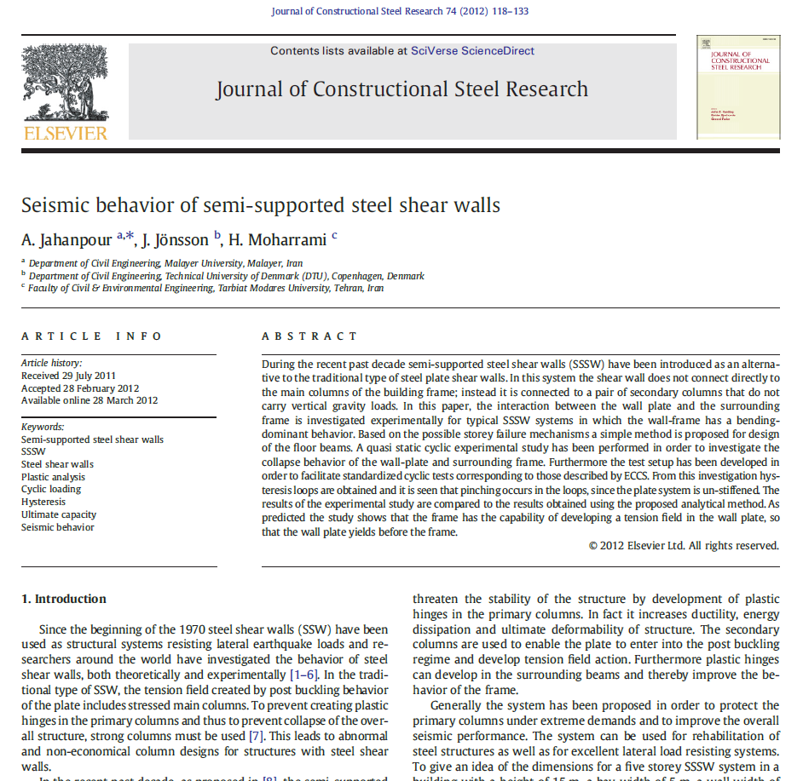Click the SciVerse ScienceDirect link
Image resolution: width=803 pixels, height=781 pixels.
(x=472, y=51)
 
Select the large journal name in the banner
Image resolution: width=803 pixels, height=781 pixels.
(x=401, y=89)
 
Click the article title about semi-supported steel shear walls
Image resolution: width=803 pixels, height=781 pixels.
(x=260, y=205)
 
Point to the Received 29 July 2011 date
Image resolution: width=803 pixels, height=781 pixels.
(x=68, y=376)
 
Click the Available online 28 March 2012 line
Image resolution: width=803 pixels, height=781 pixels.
(x=90, y=400)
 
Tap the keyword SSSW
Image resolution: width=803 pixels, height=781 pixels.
(x=33, y=451)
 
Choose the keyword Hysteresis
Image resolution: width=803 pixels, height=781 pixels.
(x=43, y=502)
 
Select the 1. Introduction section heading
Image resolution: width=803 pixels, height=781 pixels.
(x=64, y=599)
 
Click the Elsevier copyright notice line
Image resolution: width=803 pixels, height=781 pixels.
(x=684, y=545)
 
